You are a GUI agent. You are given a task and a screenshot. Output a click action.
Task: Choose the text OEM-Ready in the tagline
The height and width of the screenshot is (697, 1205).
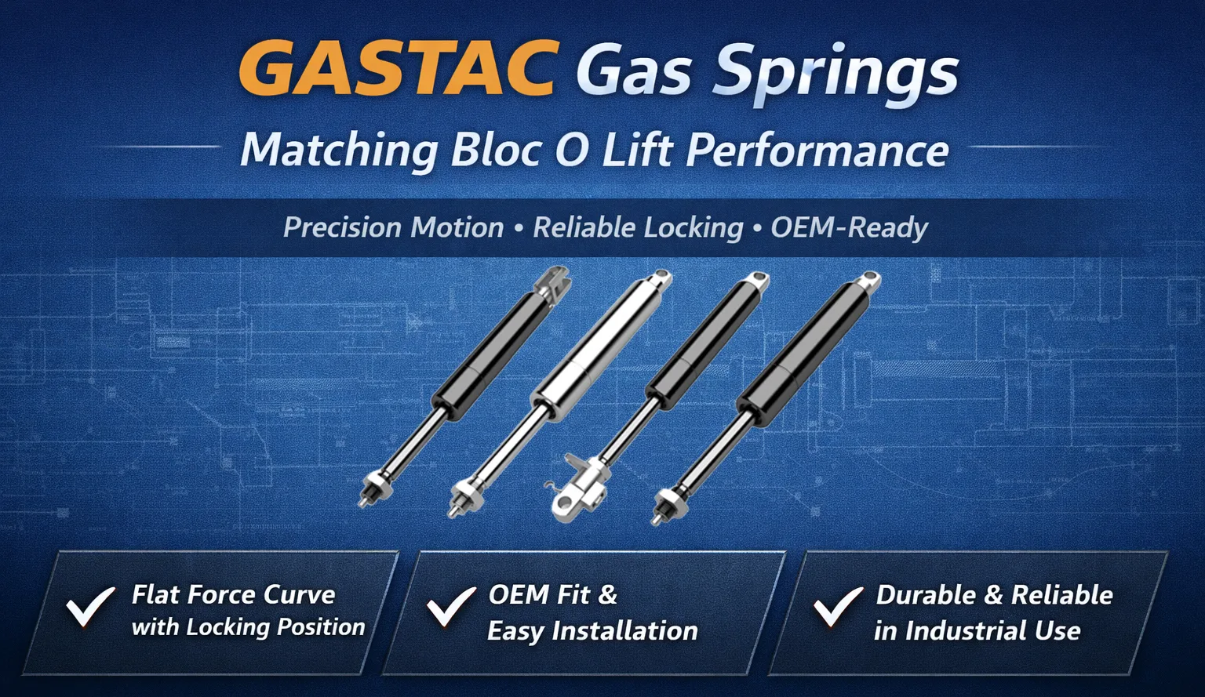850,227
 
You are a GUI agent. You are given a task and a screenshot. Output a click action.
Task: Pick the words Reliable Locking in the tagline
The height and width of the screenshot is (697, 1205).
638,228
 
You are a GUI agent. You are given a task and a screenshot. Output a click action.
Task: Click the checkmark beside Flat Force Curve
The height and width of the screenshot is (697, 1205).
90,607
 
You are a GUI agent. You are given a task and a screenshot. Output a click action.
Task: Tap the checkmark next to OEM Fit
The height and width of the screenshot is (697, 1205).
451,607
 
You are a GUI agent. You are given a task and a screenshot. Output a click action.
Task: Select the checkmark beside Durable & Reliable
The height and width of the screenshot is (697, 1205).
838,607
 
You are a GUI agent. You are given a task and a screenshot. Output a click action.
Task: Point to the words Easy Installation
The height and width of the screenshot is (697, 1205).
592,631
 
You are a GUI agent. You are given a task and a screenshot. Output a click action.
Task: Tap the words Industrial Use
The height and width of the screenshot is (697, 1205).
993,631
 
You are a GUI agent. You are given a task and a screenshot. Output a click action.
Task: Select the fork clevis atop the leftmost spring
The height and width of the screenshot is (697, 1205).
552,283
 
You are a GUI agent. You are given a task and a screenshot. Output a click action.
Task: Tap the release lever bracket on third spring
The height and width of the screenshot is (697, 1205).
578,488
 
